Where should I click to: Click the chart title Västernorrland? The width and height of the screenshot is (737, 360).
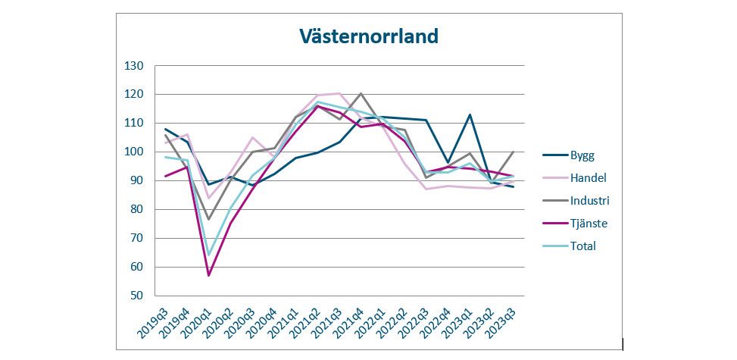(368, 36)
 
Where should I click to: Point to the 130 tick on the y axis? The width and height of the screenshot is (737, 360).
(134, 66)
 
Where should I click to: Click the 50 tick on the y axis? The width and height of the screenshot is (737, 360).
(137, 296)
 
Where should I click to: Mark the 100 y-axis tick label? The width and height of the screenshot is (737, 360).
(134, 152)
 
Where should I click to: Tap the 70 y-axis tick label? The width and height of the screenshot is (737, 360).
(137, 238)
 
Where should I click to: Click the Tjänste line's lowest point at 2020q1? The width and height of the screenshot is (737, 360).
(208, 275)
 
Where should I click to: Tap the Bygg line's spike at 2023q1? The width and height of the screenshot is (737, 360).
(470, 114)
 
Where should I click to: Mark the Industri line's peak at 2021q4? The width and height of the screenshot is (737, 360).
(361, 93)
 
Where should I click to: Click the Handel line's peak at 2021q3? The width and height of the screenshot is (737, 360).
(339, 93)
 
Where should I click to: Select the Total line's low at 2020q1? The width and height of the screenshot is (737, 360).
(208, 255)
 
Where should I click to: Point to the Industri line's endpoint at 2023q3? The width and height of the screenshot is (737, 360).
(514, 152)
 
